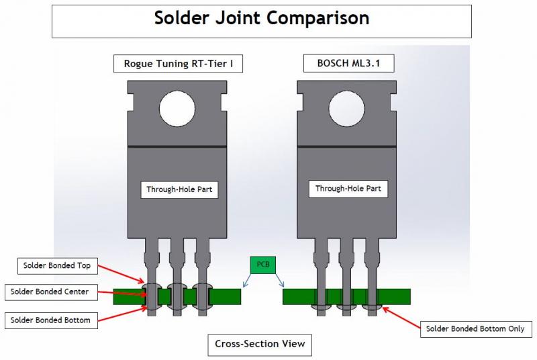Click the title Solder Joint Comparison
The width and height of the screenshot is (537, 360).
click(x=262, y=18)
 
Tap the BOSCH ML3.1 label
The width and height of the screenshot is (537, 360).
click(x=348, y=64)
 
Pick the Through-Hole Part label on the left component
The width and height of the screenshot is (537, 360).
click(x=179, y=190)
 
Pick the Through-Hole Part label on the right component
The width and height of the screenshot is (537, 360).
click(x=348, y=189)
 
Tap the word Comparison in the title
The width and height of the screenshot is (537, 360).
click(x=318, y=18)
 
